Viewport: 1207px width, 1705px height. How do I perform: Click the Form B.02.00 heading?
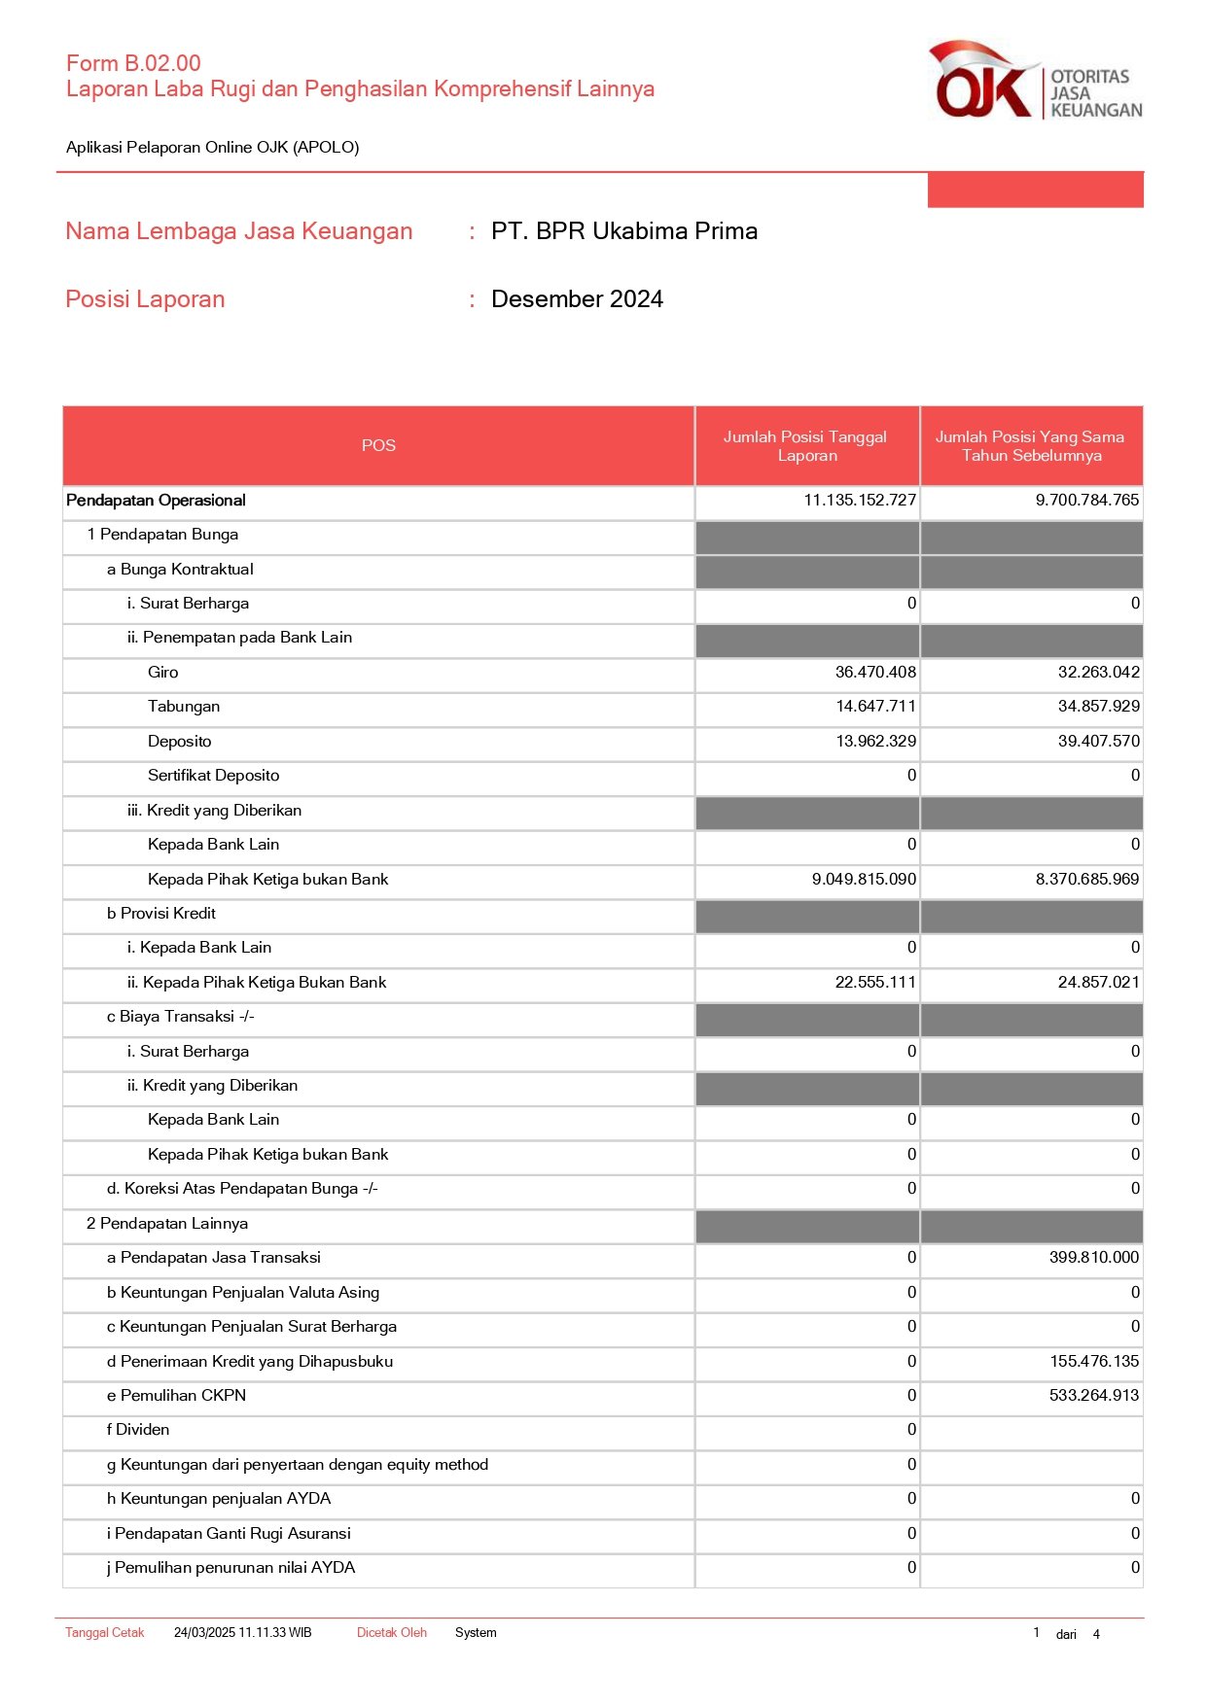pos(133,63)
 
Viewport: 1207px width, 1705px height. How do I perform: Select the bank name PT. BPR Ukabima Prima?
pos(623,231)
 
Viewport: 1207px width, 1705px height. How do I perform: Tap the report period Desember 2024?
pos(577,299)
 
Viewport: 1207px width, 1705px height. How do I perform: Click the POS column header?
pos(378,445)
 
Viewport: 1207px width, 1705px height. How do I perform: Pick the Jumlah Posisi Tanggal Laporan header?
pos(806,446)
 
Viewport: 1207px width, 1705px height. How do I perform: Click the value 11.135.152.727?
pos(860,501)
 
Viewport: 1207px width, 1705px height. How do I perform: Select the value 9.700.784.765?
pos(1086,501)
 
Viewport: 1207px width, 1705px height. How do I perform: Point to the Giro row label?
pos(163,673)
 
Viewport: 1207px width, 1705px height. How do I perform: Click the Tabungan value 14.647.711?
pos(875,707)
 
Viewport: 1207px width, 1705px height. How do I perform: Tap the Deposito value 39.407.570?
pos(1098,742)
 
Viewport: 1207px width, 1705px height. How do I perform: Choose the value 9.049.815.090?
pos(864,880)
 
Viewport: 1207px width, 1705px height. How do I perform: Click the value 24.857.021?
pos(1098,983)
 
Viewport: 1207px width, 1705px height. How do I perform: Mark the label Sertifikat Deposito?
pos(213,776)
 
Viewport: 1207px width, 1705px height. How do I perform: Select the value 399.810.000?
pos(1093,1258)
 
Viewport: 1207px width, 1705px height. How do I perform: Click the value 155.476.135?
pos(1093,1362)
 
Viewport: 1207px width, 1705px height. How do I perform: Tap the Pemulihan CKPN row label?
pos(176,1396)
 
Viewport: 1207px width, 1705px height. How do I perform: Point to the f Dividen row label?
pos(138,1430)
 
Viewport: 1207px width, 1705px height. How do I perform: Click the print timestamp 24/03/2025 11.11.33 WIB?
pos(242,1633)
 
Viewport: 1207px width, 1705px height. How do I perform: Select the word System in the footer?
pos(476,1633)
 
